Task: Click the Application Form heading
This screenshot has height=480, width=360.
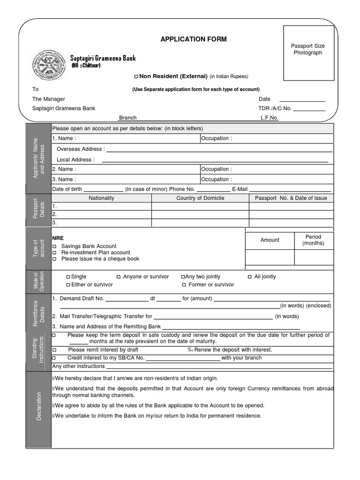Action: pos(193,39)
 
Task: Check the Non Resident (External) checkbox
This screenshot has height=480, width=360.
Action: pos(136,76)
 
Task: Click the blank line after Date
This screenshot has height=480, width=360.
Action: pos(302,99)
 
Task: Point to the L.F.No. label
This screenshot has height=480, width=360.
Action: pos(270,118)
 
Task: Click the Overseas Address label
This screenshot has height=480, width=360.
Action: pos(79,149)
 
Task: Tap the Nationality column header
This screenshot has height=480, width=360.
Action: pos(101,198)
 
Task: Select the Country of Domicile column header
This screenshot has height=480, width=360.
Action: pos(200,198)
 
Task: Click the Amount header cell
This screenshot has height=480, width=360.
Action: pos(270,240)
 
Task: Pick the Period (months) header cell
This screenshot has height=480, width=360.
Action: pos(313,240)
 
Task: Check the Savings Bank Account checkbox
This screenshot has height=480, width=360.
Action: pos(54,247)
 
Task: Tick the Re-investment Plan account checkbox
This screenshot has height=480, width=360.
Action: pos(54,253)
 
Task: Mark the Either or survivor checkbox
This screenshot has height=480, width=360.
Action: pos(68,285)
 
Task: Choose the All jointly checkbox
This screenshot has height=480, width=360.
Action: pos(250,277)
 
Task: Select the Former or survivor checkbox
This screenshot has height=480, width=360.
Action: pos(184,285)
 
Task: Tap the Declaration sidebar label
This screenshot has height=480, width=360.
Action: pos(39,406)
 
